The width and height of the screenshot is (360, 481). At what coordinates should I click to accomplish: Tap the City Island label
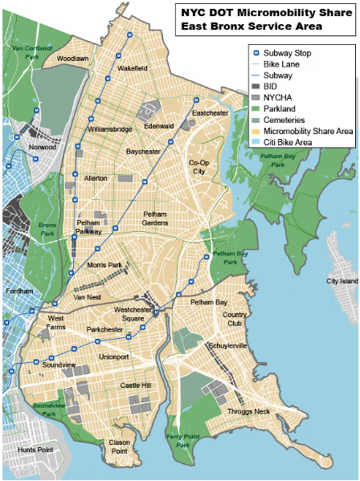(342, 281)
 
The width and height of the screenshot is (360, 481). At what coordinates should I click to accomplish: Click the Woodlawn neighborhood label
(73, 59)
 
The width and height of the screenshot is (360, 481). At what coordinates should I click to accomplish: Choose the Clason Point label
(119, 446)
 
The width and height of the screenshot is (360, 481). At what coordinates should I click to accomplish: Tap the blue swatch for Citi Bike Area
(255, 142)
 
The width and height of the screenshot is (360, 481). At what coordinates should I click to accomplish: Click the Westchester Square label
(133, 314)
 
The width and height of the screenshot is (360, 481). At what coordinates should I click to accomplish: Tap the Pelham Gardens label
(161, 218)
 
